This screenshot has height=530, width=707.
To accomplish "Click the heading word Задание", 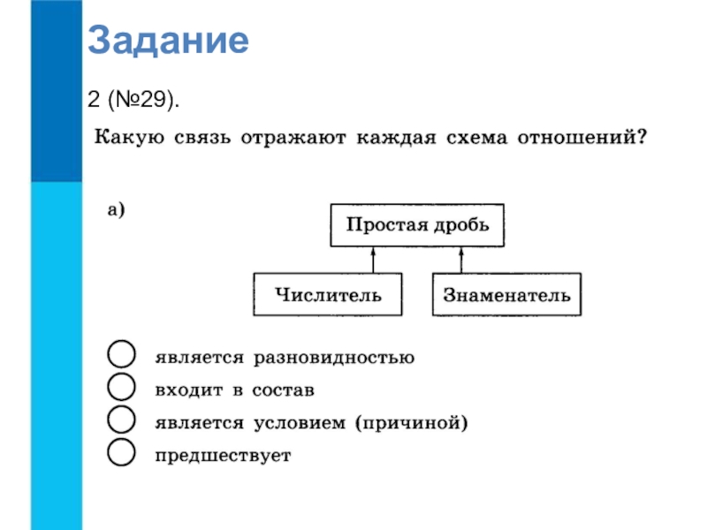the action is tap(168, 41).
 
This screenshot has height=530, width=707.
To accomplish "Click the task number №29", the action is tap(141, 99).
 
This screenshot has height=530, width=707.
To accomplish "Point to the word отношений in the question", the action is tap(582, 137).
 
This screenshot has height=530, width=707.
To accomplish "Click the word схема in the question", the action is tap(476, 138).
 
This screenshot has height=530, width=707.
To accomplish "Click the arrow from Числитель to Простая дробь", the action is tap(373, 260).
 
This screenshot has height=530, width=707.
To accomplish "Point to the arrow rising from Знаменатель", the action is tap(460, 260).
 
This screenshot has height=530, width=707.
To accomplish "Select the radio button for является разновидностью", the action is tap(121, 354).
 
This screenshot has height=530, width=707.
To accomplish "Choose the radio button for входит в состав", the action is tap(121, 387).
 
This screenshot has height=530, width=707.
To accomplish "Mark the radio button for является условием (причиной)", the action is tap(121, 420).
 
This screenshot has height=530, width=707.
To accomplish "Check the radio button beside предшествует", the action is tap(121, 452).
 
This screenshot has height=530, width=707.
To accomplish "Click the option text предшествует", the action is tap(224, 456).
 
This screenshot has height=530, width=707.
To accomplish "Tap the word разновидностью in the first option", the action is tap(334, 358).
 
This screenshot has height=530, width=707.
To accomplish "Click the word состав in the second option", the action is tap(283, 390).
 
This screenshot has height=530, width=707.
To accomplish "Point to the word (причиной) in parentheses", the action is tap(411, 423).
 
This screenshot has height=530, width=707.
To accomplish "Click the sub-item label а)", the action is tap(116, 209).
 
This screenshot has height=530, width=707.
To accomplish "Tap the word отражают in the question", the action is tap(293, 138).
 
